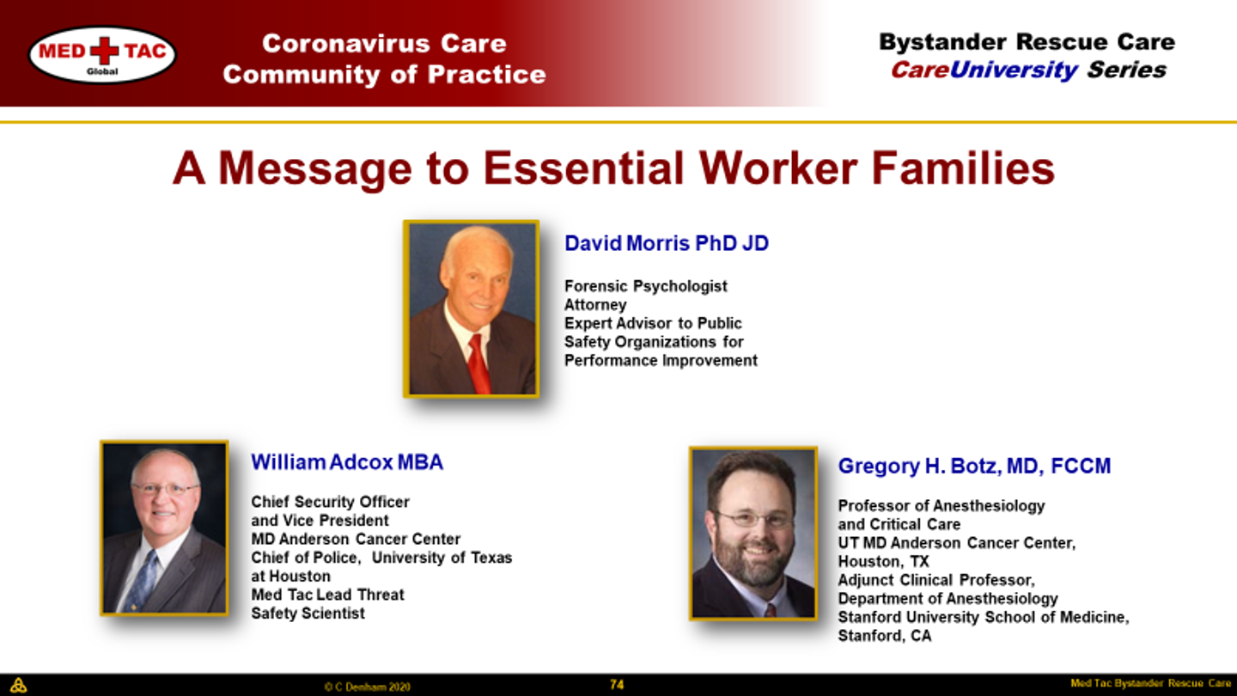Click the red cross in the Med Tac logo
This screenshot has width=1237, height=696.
105,51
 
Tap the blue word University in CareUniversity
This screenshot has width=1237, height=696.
1014,71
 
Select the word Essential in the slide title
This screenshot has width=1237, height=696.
584,168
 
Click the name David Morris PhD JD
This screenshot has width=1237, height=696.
666,243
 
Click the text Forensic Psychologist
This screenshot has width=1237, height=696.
646,286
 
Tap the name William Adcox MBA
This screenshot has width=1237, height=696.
347,462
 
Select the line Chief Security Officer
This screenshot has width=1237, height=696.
330,502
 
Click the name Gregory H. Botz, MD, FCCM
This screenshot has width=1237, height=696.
974,467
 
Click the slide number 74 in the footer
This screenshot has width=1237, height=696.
617,685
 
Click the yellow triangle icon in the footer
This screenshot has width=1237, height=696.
18,685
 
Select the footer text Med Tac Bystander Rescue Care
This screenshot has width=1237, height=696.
1150,683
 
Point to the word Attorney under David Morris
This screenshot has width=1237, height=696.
595,305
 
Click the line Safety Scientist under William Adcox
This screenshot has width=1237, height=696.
308,614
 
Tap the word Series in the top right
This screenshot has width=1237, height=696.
1126,70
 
